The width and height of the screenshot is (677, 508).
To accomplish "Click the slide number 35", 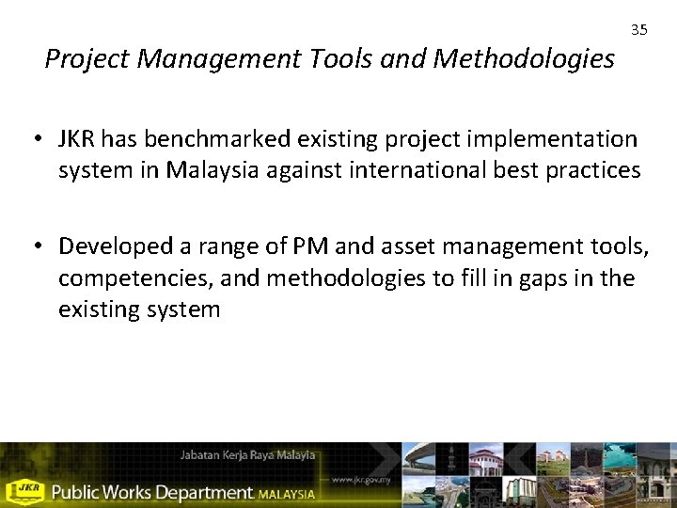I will click(x=639, y=30).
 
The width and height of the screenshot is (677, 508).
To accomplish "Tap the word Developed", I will click(x=110, y=246).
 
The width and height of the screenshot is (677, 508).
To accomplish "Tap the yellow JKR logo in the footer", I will click(x=25, y=489).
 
